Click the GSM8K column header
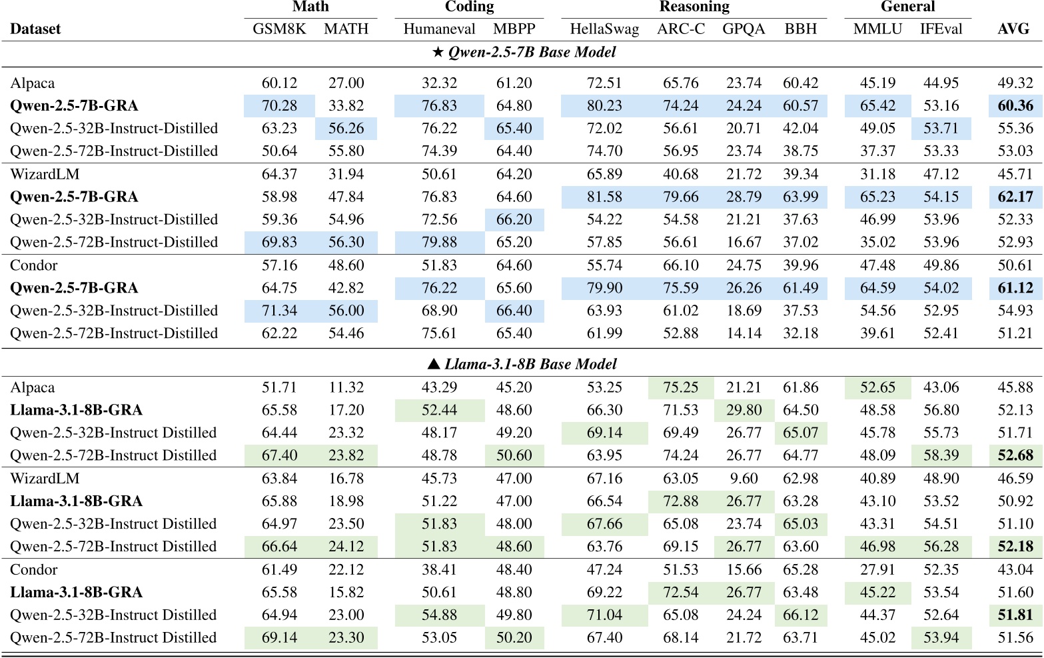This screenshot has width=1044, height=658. (279, 29)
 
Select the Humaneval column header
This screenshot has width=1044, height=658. (439, 29)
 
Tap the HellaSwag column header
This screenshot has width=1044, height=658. (604, 29)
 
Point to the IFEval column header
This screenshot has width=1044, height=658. (941, 29)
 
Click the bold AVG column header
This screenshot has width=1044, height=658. (1013, 29)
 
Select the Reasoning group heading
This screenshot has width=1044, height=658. (694, 7)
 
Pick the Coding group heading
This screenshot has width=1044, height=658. (469, 7)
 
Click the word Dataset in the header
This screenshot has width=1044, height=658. (35, 29)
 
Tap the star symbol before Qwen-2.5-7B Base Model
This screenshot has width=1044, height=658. (438, 53)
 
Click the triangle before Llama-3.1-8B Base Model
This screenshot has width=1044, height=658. (434, 364)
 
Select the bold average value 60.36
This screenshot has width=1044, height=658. (1015, 106)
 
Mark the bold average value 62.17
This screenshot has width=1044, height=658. (1015, 197)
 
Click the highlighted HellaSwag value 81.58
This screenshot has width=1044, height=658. (604, 197)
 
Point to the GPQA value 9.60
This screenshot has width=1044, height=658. (744, 479)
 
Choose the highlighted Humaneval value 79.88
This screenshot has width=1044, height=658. (439, 243)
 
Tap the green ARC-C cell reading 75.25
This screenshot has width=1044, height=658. (680, 388)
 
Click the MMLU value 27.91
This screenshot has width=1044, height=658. (877, 570)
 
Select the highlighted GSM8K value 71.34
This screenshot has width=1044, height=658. (279, 311)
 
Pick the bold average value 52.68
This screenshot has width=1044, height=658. (1015, 456)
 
